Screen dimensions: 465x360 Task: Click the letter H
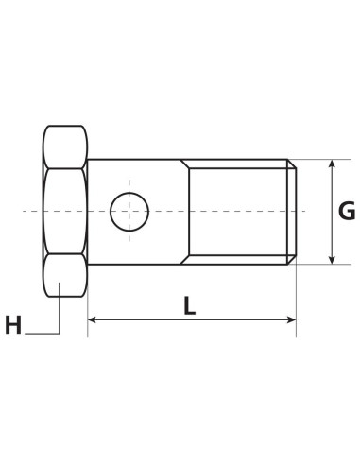[13, 326]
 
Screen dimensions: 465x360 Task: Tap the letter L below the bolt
[190, 305]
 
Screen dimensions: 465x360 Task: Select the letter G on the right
[347, 211]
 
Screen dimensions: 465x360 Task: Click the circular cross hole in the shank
[129, 211]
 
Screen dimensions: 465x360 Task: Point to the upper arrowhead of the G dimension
[331, 164]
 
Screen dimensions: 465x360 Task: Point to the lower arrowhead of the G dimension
[331, 258]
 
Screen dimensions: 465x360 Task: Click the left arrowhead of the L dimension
[93, 320]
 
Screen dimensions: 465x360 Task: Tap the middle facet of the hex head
[64, 211]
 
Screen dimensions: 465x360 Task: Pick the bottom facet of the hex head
[64, 275]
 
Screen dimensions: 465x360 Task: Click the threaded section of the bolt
[241, 211]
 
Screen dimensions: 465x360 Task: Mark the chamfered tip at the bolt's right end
[293, 211]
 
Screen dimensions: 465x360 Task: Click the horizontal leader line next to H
[43, 332]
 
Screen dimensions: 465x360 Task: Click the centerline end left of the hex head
[26, 211]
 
